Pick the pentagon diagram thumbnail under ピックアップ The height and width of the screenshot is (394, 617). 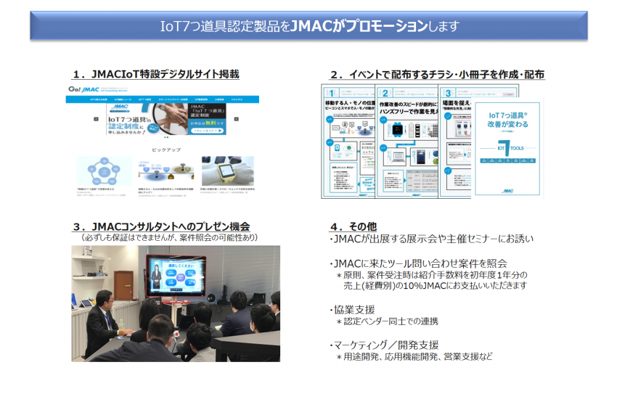point(103,171)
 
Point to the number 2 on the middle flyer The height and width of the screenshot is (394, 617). point(385,94)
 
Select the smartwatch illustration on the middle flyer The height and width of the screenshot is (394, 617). point(399,126)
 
